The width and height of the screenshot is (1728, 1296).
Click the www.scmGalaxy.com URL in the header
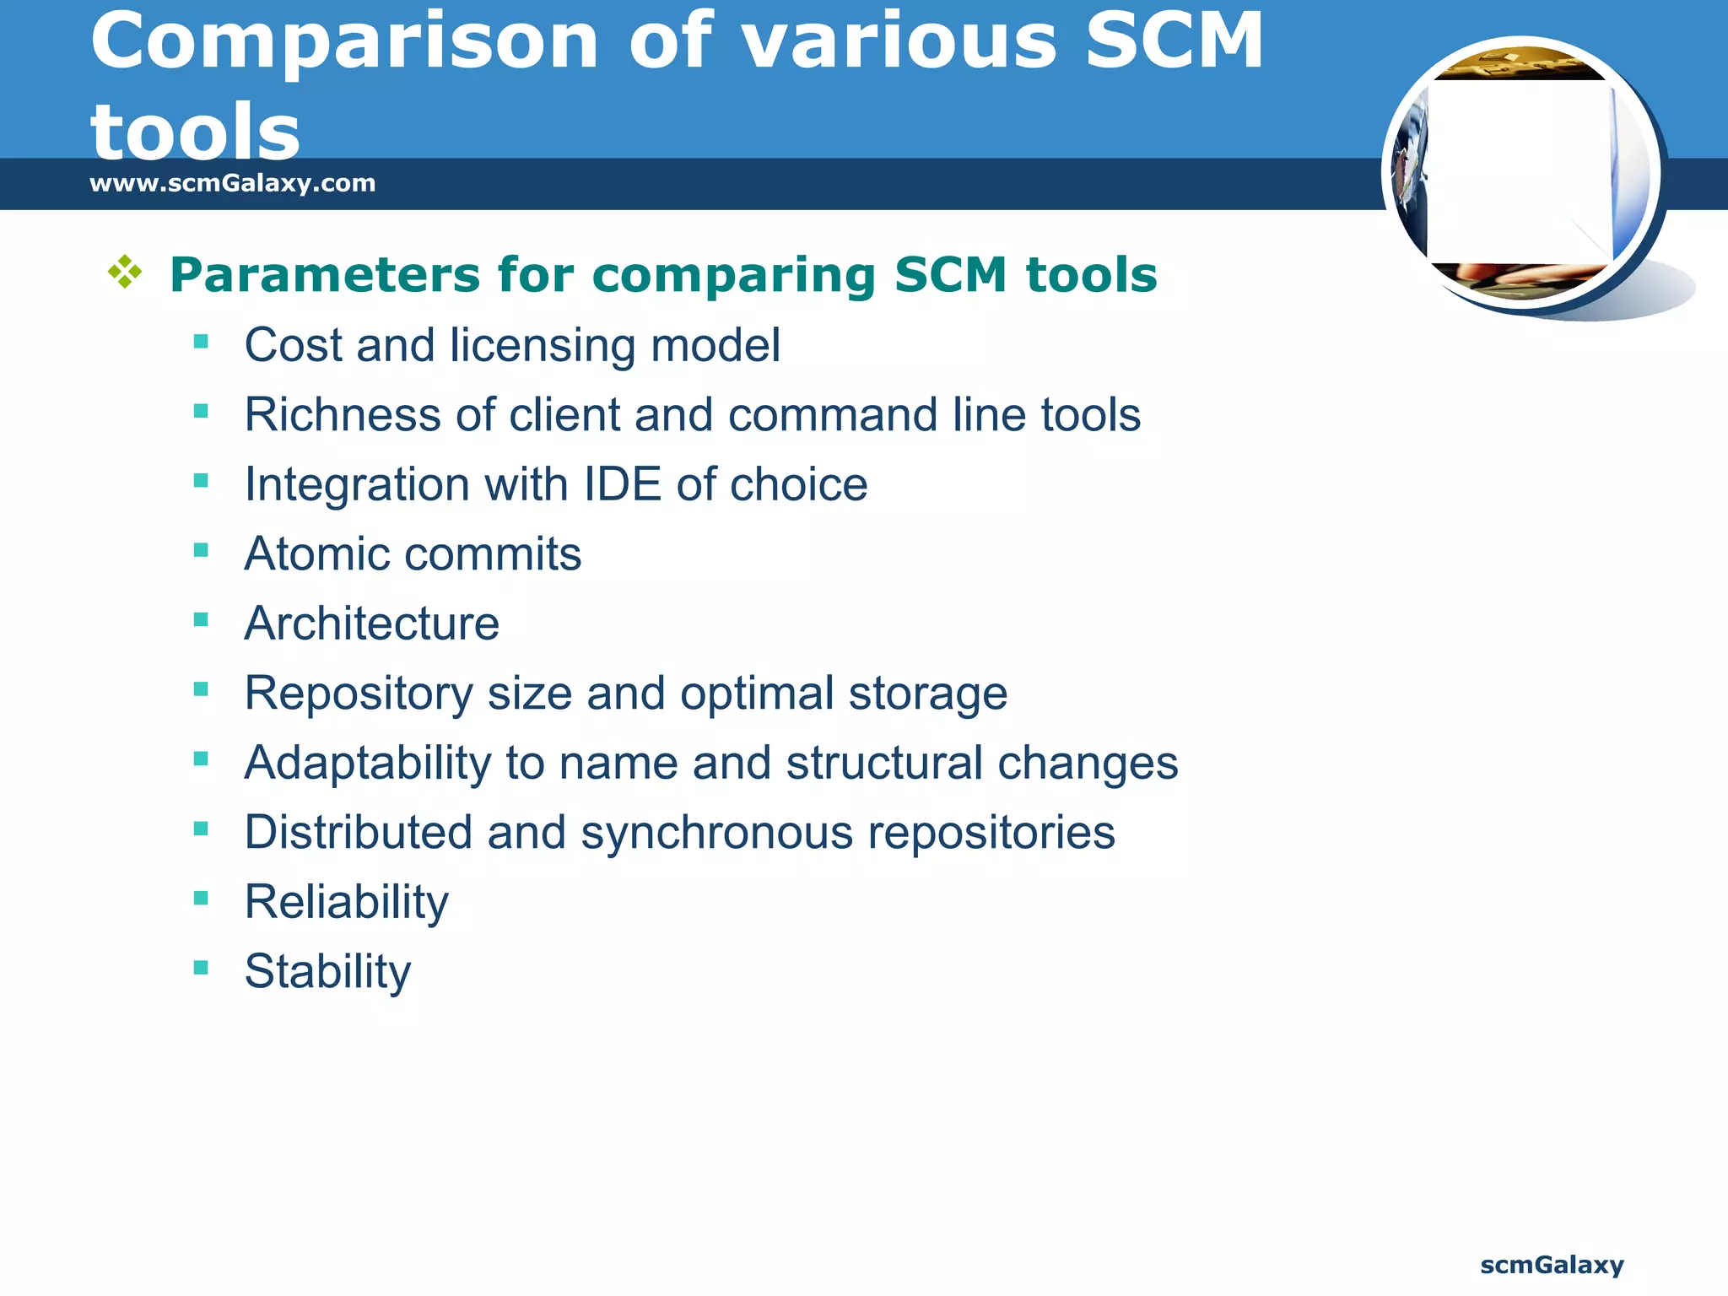click(x=232, y=183)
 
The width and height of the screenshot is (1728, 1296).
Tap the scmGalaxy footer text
click(x=1552, y=1265)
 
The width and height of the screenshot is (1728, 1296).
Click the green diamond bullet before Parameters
click(x=125, y=273)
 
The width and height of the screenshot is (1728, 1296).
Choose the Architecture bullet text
click(x=371, y=624)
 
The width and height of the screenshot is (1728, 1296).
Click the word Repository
click(x=359, y=694)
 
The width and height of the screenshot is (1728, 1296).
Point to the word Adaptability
click(x=367, y=763)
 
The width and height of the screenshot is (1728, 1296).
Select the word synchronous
click(x=717, y=833)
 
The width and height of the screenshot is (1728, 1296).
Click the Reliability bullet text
click(x=346, y=902)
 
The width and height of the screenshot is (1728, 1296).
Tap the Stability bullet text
click(x=327, y=972)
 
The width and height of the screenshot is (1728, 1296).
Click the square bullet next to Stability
click(x=201, y=968)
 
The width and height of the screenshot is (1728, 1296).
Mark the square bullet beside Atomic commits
click(x=201, y=551)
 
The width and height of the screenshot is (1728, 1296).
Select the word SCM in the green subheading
click(x=951, y=275)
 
